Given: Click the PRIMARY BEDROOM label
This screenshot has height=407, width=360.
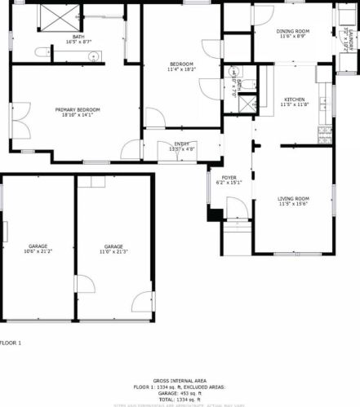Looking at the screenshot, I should (x=78, y=109).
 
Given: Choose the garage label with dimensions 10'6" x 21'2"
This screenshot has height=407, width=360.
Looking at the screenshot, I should (x=38, y=246).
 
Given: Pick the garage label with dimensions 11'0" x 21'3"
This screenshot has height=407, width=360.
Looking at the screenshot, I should (x=113, y=246).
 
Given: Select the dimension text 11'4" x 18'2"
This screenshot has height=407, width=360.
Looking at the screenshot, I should (x=181, y=69).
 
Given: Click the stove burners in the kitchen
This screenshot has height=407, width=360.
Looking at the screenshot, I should (x=328, y=130).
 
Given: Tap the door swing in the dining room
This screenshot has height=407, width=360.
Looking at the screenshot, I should (x=264, y=14).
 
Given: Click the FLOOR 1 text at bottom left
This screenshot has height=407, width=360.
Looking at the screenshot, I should (x=11, y=343).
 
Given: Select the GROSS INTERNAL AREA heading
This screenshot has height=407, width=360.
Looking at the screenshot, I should (x=180, y=380).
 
